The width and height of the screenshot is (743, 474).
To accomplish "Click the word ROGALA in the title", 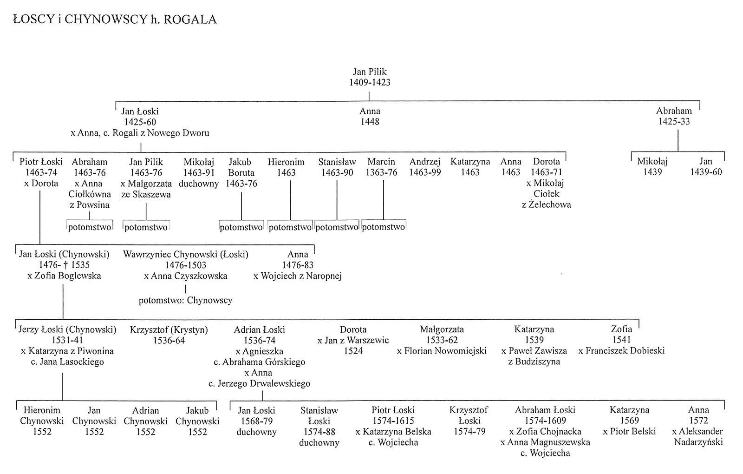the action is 190,19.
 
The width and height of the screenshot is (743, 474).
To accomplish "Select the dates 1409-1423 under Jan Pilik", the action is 370,82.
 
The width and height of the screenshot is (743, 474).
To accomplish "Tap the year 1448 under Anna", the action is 370,121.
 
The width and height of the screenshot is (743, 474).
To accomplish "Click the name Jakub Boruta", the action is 241,167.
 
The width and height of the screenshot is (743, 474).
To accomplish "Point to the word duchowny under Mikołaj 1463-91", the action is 199,184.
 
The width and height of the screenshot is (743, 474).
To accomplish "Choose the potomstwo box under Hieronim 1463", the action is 290,225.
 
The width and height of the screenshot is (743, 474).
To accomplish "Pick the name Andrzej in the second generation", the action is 425,162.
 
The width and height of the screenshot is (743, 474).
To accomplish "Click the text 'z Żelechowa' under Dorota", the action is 546,204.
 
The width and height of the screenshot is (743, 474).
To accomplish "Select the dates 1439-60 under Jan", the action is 706,172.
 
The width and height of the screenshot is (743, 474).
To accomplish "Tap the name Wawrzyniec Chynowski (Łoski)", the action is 186,254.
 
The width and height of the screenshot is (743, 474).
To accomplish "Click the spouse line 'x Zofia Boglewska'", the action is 64,276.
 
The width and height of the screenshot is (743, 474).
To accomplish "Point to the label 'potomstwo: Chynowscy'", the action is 185,300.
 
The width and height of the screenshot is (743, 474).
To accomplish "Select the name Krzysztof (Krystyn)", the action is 169,329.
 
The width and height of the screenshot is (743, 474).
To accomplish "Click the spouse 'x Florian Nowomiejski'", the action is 442,351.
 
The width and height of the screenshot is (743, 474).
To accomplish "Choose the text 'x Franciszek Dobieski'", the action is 621,351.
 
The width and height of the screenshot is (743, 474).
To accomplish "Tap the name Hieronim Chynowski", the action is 42,415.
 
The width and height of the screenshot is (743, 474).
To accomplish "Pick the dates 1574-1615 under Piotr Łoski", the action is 393,421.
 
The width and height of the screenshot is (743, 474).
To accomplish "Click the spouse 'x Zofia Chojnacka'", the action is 545,432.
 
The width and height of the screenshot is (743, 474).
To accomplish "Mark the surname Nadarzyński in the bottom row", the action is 698,442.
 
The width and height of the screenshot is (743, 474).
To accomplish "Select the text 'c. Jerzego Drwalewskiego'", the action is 260,384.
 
